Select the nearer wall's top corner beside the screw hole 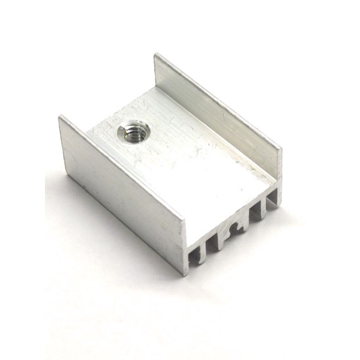click(59, 117)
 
